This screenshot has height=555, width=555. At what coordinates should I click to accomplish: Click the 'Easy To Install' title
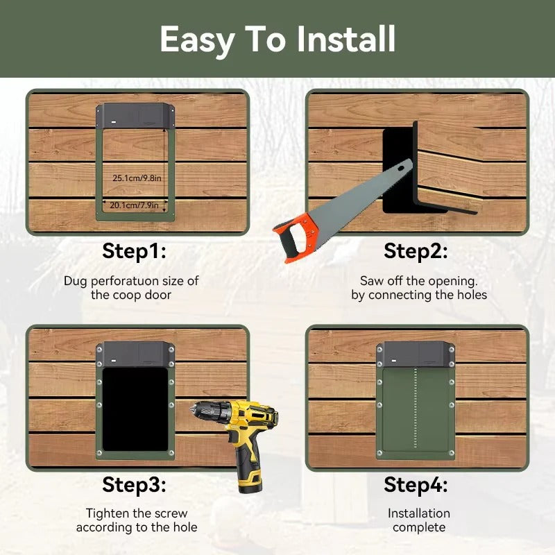277,39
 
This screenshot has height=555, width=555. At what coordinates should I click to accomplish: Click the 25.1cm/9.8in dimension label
137,178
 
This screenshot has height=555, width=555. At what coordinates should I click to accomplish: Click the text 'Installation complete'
418,520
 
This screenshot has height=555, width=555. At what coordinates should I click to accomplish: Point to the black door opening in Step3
135,409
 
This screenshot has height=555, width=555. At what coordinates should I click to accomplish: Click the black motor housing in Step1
136,115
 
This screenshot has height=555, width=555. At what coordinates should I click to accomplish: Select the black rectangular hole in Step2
397,170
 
